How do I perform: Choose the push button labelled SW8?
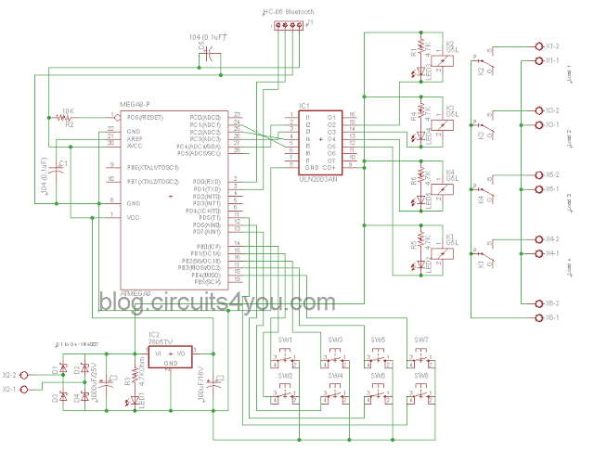[x=421, y=393]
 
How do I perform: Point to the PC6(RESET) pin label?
[x=146, y=118]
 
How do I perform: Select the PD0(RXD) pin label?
[x=206, y=181]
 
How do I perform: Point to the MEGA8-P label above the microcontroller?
[x=136, y=104]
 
